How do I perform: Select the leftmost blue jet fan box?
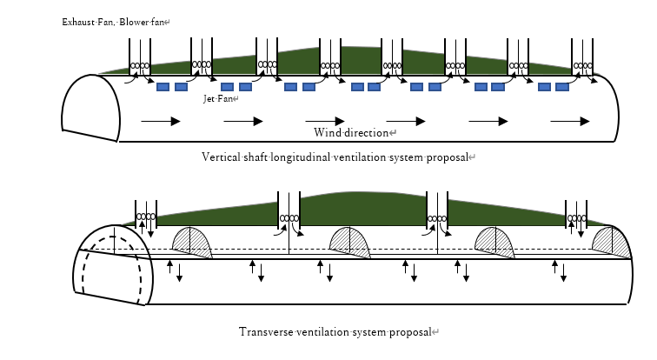[163, 87]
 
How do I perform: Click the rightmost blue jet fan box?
[562, 87]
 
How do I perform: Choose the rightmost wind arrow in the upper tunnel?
[570, 122]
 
